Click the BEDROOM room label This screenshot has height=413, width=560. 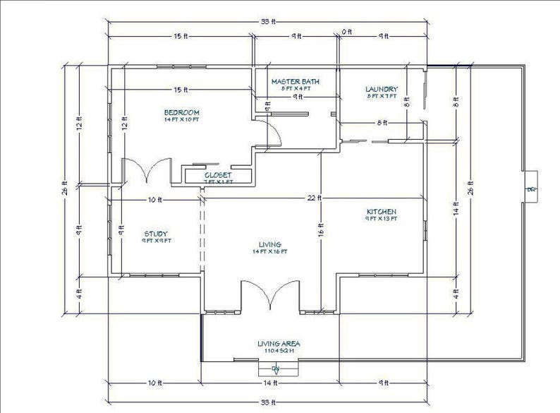coord(182,112)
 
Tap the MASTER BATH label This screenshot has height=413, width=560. coord(296,82)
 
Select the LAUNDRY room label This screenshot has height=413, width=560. coord(382,89)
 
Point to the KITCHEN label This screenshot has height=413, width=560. coord(381,212)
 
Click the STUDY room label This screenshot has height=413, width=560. coord(156,233)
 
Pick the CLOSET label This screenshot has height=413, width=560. coord(218,174)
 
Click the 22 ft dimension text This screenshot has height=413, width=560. coord(314,198)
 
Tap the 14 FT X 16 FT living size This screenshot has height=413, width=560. coord(271,251)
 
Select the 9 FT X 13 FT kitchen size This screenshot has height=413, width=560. coord(381,219)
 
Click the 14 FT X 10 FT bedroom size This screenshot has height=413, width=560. coord(182,119)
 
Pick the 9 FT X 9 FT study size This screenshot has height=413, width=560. coord(156,240)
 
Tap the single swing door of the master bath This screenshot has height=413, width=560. coord(267,127)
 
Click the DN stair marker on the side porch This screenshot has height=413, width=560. coord(530,189)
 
